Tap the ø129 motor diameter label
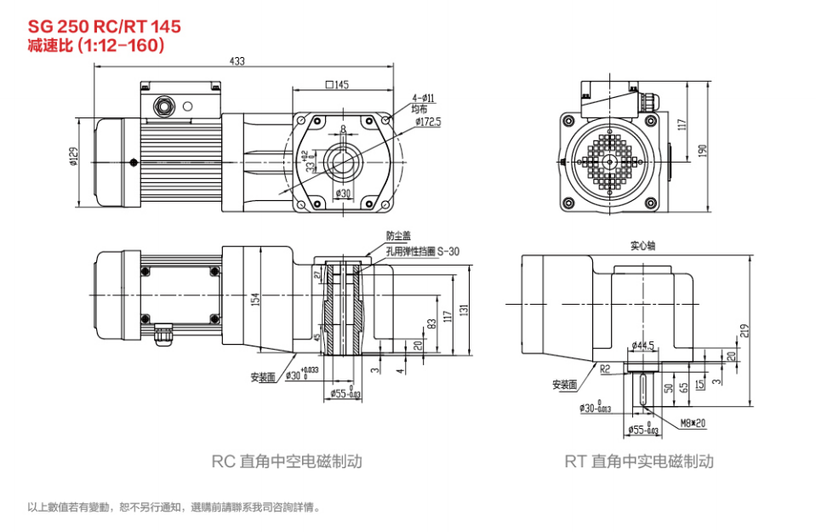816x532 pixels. tap(73, 157)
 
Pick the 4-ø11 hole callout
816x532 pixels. tap(423, 99)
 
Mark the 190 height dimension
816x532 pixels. tap(702, 148)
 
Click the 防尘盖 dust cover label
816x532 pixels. tap(398, 235)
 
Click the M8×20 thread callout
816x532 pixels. tap(695, 422)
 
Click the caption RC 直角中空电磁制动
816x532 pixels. tap(287, 461)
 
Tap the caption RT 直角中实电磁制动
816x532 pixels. tap(639, 461)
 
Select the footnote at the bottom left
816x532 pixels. tap(174, 507)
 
